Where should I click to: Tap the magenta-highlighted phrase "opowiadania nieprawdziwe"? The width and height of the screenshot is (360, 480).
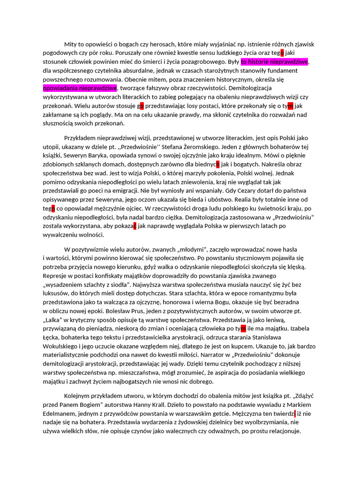pyautogui.click(x=80, y=88)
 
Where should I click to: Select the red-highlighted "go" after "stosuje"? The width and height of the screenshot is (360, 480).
pyautogui.click(x=141, y=106)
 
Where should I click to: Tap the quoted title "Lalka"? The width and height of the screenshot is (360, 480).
pyautogui.click(x=54, y=320)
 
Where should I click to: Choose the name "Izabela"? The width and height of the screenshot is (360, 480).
pyautogui.click(x=303, y=329)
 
